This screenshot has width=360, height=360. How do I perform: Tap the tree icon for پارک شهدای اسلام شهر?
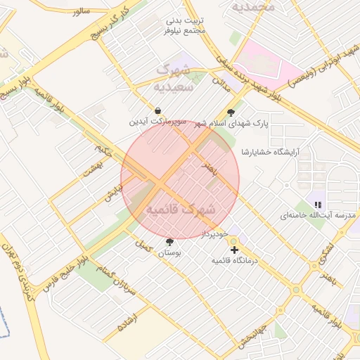click(x=231, y=112)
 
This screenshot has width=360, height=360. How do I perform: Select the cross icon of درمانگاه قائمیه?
click(x=234, y=250)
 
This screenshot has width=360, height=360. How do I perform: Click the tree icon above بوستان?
click(x=169, y=242)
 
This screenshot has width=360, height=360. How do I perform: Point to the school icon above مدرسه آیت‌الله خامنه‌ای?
click(x=318, y=204)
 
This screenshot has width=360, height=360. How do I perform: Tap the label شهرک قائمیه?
click(x=181, y=210)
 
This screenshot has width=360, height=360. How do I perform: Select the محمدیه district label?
click(x=252, y=7)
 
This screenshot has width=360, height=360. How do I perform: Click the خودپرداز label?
click(x=216, y=233)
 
